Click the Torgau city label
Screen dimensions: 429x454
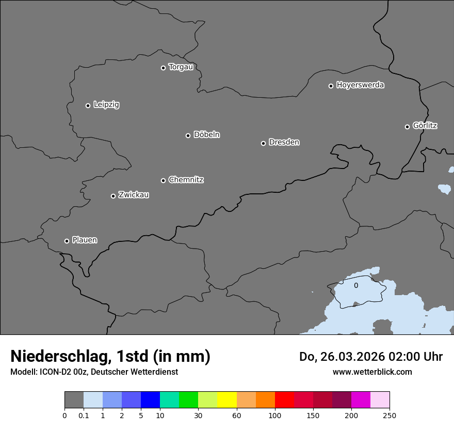click(x=181, y=67)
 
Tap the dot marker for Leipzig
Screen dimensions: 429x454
click(x=88, y=105)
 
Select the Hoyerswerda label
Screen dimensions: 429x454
click(x=360, y=85)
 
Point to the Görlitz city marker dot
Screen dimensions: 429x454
click(x=407, y=127)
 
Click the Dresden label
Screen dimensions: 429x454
click(x=284, y=142)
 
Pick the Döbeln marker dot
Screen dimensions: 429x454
click(x=188, y=135)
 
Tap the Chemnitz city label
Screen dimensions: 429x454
click(x=186, y=180)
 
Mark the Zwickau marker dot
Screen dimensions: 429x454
click(x=113, y=196)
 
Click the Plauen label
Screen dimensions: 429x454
click(x=85, y=240)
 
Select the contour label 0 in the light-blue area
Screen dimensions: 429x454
click(x=356, y=285)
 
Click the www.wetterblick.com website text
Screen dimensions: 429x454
click(x=372, y=372)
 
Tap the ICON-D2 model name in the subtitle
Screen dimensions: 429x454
click(x=56, y=372)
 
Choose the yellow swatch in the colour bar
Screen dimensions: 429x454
click(x=227, y=400)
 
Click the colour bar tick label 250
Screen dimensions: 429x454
click(x=390, y=415)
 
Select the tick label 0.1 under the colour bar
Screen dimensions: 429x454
click(x=84, y=415)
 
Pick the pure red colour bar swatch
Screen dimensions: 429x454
click(x=284, y=400)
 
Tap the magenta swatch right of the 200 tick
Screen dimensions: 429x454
click(x=361, y=400)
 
